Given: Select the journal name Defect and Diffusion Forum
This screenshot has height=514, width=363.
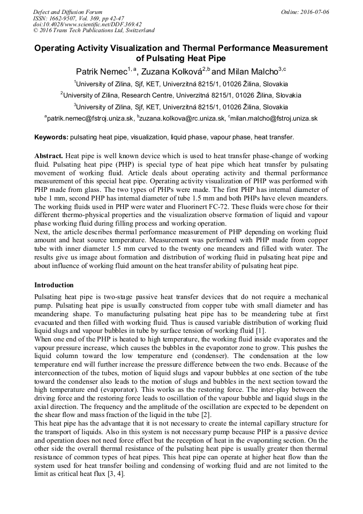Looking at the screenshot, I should pos(67,12).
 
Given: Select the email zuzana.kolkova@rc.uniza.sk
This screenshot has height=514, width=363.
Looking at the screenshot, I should pos(183,118).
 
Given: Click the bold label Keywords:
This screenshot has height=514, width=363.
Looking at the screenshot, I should pos(51,137).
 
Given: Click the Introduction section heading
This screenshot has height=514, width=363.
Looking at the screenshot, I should pos(54,285).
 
